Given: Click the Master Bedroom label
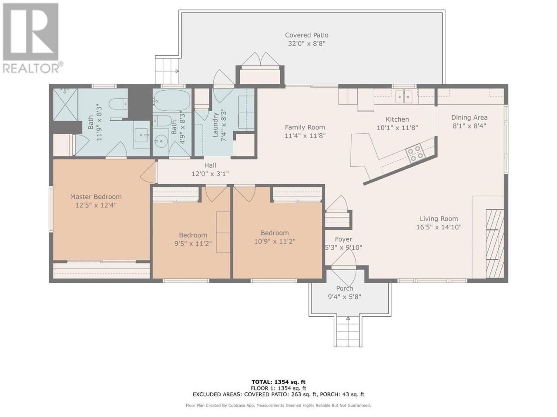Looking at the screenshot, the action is tap(96, 196).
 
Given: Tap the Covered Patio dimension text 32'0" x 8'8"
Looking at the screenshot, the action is tap(306, 43).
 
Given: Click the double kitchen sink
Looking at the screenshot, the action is tap(404, 97).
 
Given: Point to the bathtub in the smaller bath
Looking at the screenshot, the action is tap(173, 101).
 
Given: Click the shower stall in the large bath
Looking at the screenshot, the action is tap(65, 104).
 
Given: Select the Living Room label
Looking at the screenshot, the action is tap(439, 218).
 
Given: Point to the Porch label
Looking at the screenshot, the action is tap(344, 288).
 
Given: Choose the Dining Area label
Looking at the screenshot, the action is tap(469, 117).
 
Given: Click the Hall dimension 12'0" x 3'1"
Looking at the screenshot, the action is tap(210, 174).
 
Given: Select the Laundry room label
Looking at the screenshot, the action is tap(215, 125).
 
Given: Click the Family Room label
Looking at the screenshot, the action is tap(305, 127).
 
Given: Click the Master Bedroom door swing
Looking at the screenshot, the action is tap(148, 172).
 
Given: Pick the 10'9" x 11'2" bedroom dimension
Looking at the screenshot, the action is tap(275, 241).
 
